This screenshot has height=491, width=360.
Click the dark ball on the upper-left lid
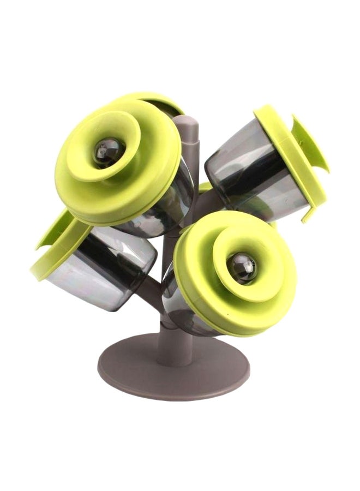(x=107, y=151)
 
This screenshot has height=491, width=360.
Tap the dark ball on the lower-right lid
(x=241, y=267)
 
